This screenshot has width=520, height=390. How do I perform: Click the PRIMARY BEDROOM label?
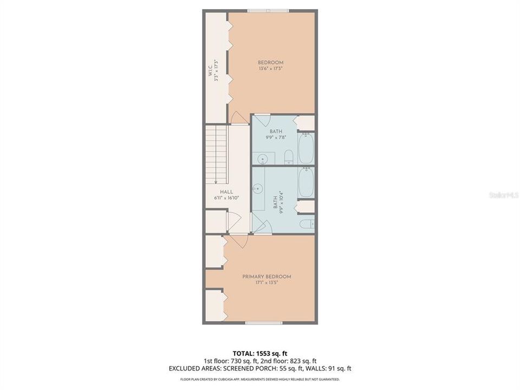[x=266, y=276]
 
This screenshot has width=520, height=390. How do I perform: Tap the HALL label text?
[x=226, y=192]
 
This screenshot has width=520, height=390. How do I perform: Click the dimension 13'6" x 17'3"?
[x=270, y=69]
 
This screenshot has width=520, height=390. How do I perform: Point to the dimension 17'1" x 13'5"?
[x=266, y=283]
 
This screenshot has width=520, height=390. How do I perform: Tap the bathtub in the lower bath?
[x=306, y=183]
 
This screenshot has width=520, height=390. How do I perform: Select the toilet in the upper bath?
[x=289, y=158]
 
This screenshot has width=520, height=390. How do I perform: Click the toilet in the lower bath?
[x=307, y=224]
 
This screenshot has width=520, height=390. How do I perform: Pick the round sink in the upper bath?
[x=262, y=159]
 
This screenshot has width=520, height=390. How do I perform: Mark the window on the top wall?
[x=268, y=10]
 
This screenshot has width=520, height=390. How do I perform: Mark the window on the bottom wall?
[x=263, y=323]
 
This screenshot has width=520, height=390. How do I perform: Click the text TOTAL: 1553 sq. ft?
[x=260, y=352]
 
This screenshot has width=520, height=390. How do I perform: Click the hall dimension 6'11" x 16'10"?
[x=226, y=198]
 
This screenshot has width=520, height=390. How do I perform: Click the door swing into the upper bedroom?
[x=238, y=118]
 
